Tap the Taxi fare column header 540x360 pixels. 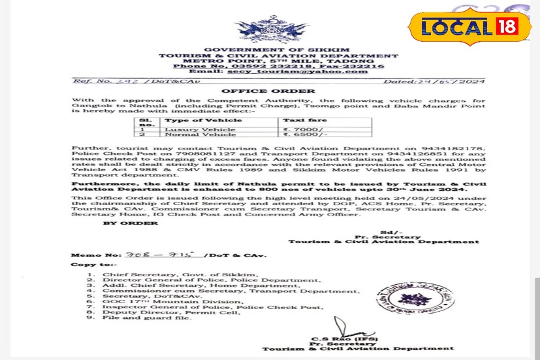tap(300, 122)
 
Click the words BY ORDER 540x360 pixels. tap(131, 223)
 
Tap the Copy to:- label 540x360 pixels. tap(91, 265)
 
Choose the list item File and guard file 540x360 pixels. tap(138, 319)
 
